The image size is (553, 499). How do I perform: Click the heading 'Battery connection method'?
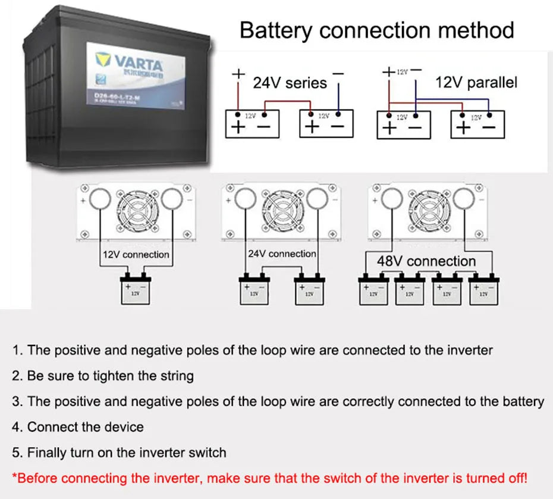click(x=376, y=29)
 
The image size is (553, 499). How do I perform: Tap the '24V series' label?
click(x=290, y=82)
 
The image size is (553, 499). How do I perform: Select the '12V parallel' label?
click(x=476, y=82)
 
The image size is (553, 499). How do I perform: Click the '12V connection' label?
click(x=136, y=255)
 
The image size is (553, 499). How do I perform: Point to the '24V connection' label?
click(x=282, y=254)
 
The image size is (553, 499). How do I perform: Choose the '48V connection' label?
click(x=426, y=261)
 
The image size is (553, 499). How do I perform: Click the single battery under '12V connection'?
click(x=136, y=291)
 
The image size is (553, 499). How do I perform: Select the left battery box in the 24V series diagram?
click(x=252, y=124)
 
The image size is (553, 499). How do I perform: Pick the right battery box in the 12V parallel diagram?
click(x=477, y=124)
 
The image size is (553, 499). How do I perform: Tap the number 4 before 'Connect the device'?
click(x=15, y=427)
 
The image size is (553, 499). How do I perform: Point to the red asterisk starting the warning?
click(x=15, y=477)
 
